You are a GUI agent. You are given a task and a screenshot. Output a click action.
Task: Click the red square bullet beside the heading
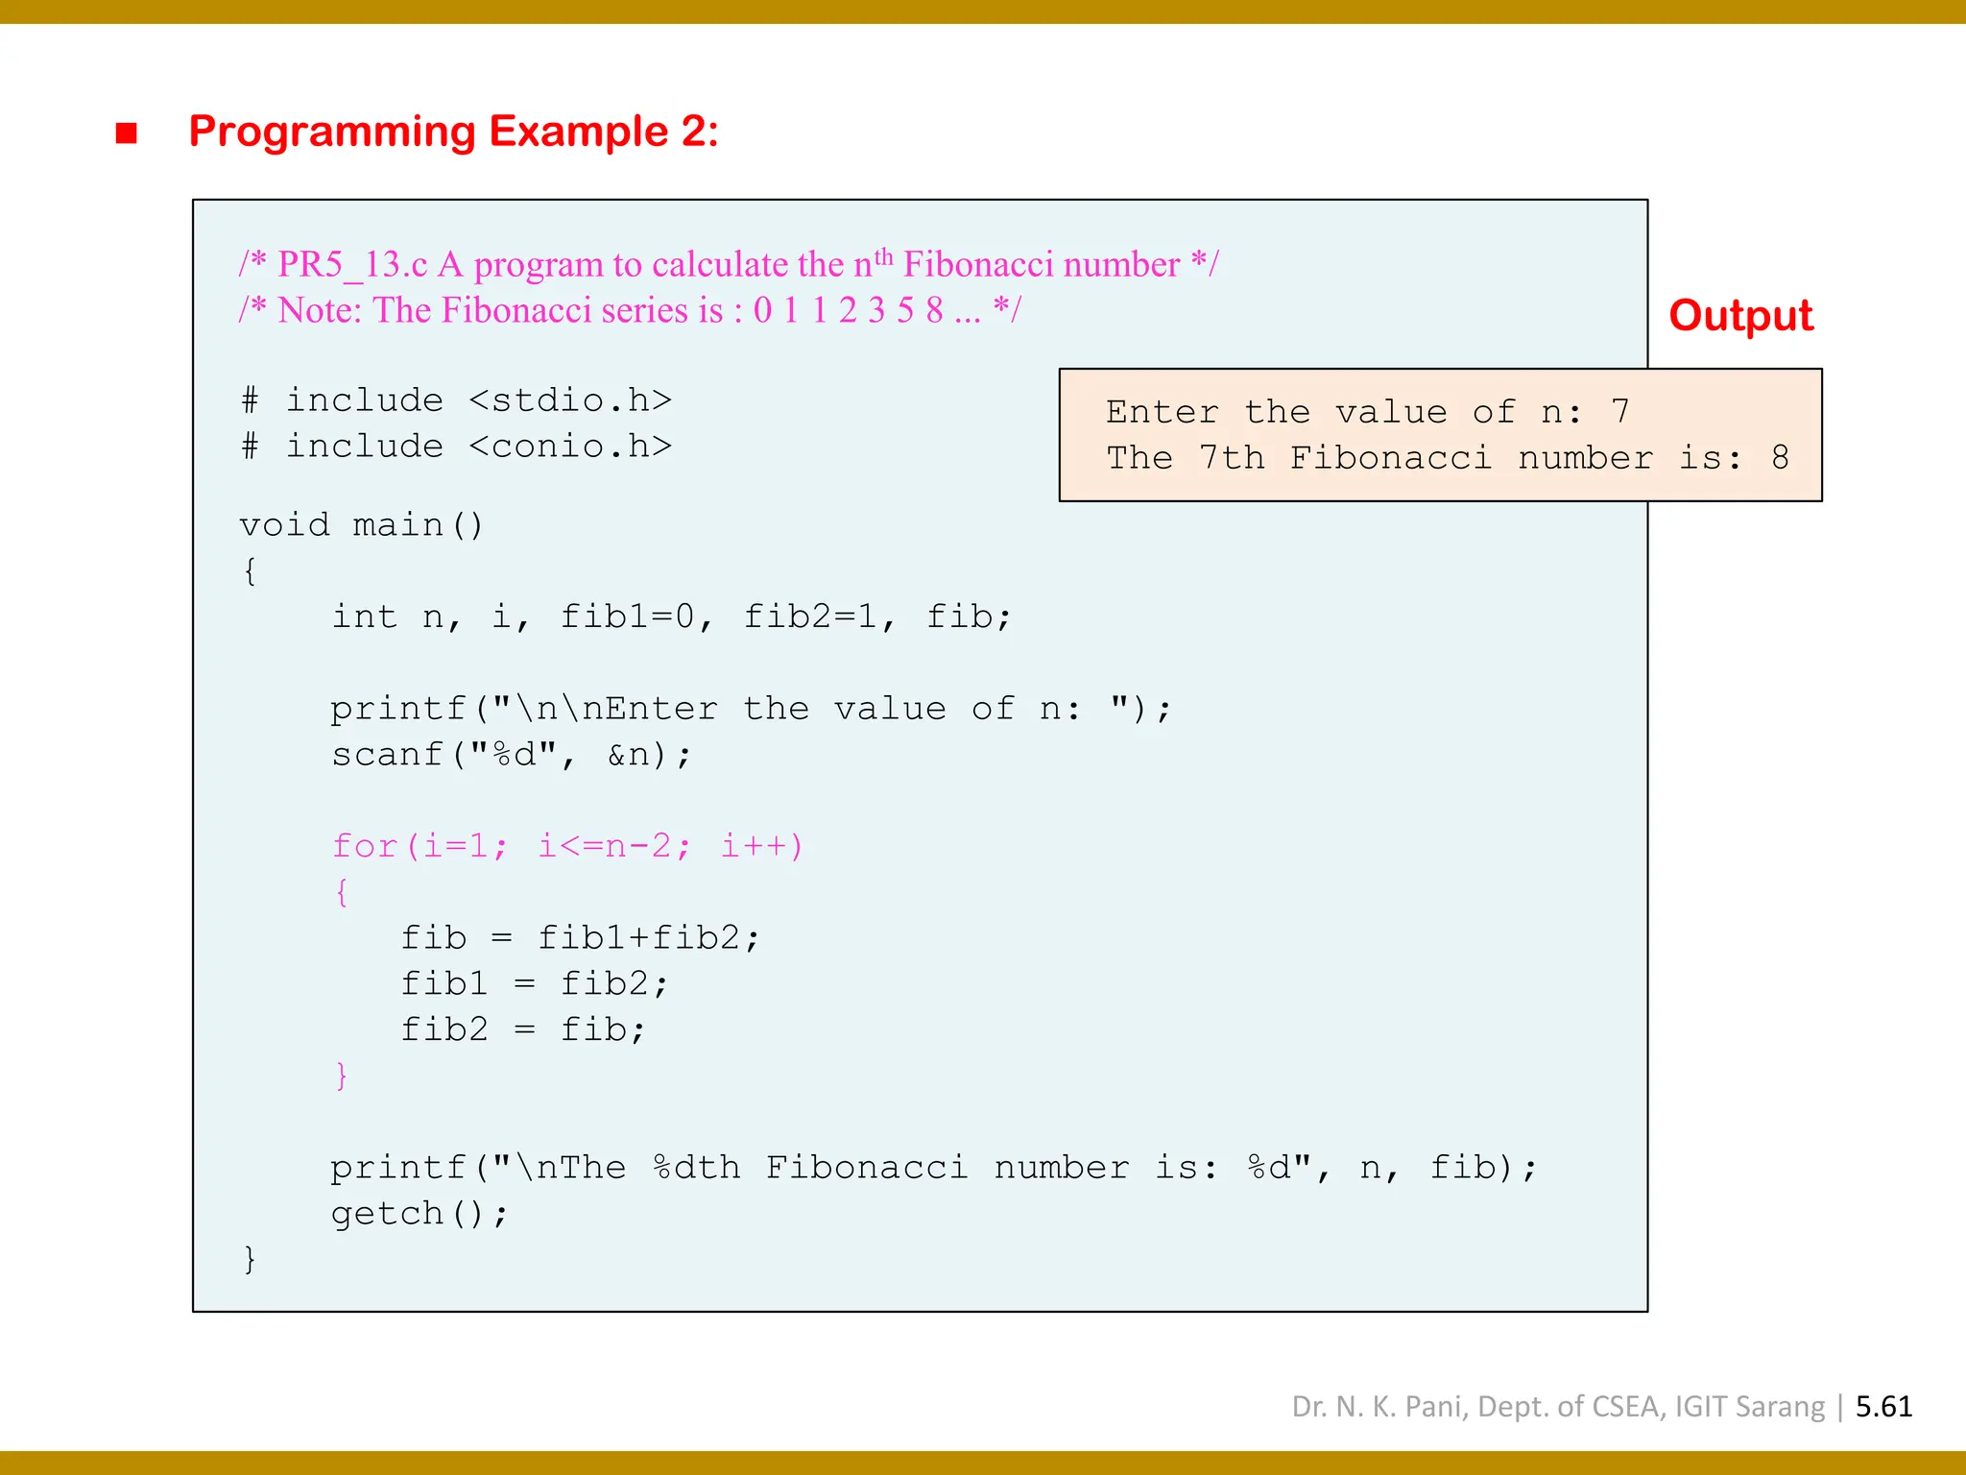(x=126, y=133)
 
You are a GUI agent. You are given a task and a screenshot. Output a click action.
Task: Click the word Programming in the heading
(x=332, y=132)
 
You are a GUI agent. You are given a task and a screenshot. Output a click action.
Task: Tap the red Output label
(x=1740, y=316)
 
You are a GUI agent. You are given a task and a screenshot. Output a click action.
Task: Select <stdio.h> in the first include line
(x=570, y=400)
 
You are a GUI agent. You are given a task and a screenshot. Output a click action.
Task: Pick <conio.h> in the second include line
(x=570, y=447)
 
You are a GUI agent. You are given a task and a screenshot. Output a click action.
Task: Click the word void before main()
(x=284, y=525)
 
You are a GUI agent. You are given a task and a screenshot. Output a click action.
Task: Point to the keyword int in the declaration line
(x=365, y=617)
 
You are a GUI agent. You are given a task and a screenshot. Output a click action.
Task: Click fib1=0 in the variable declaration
(x=628, y=617)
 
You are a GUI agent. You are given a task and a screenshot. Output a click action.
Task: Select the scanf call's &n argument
(x=628, y=755)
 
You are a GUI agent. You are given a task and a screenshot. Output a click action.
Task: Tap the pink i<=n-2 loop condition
(x=605, y=846)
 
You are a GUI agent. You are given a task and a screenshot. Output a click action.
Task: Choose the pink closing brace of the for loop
(x=342, y=1076)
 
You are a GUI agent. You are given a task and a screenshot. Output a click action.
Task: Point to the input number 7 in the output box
(x=1620, y=412)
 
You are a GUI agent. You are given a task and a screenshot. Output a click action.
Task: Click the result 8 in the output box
(x=1781, y=458)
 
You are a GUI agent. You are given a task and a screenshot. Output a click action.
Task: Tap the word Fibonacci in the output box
(x=1390, y=458)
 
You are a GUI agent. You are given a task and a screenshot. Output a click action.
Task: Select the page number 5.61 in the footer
(x=1883, y=1407)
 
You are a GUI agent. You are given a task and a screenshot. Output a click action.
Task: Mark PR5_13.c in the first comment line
(x=352, y=265)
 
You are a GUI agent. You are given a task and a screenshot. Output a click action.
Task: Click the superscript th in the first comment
(x=883, y=256)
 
